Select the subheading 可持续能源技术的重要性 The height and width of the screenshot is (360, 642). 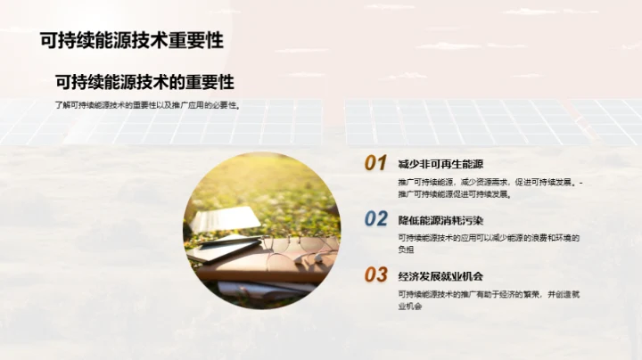click(144, 82)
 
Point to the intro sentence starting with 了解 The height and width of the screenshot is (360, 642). click(148, 105)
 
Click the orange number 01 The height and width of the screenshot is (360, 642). click(375, 163)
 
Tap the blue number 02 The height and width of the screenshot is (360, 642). click(375, 219)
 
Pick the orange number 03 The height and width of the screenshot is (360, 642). click(375, 274)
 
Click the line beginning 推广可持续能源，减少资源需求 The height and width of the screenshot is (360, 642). click(489, 182)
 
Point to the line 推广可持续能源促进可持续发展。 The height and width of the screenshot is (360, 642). click(457, 193)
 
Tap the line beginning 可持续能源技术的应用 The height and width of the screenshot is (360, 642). click(489, 237)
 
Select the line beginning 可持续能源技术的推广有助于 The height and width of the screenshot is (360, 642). click(489, 293)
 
